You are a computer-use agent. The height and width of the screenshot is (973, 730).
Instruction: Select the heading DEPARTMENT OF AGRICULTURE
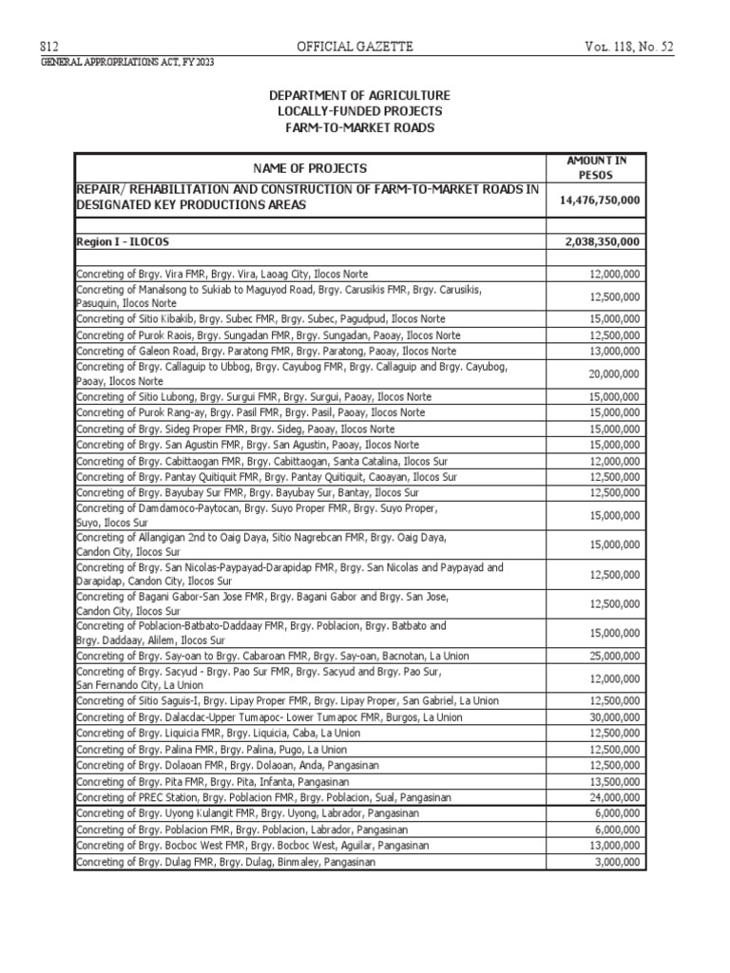[x=359, y=96]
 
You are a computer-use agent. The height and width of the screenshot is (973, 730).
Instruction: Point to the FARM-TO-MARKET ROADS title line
[x=359, y=126]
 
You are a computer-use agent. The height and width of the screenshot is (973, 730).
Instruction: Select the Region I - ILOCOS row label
[x=122, y=241]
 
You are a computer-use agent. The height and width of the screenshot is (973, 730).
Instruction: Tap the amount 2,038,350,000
[x=600, y=241]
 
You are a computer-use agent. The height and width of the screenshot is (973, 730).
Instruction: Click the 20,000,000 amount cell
[x=612, y=373]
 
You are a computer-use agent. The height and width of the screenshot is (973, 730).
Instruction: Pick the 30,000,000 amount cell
[x=612, y=716]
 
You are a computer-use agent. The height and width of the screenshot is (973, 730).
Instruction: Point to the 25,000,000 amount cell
[x=612, y=656]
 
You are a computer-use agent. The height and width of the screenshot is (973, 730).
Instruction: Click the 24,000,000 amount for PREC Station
[x=612, y=797]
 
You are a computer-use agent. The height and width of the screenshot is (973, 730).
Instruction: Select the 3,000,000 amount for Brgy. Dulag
[x=615, y=862]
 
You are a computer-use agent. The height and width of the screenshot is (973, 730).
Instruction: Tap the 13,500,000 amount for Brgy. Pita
[x=612, y=781]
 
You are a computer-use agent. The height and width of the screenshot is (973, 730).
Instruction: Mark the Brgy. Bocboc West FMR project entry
[x=252, y=846]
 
